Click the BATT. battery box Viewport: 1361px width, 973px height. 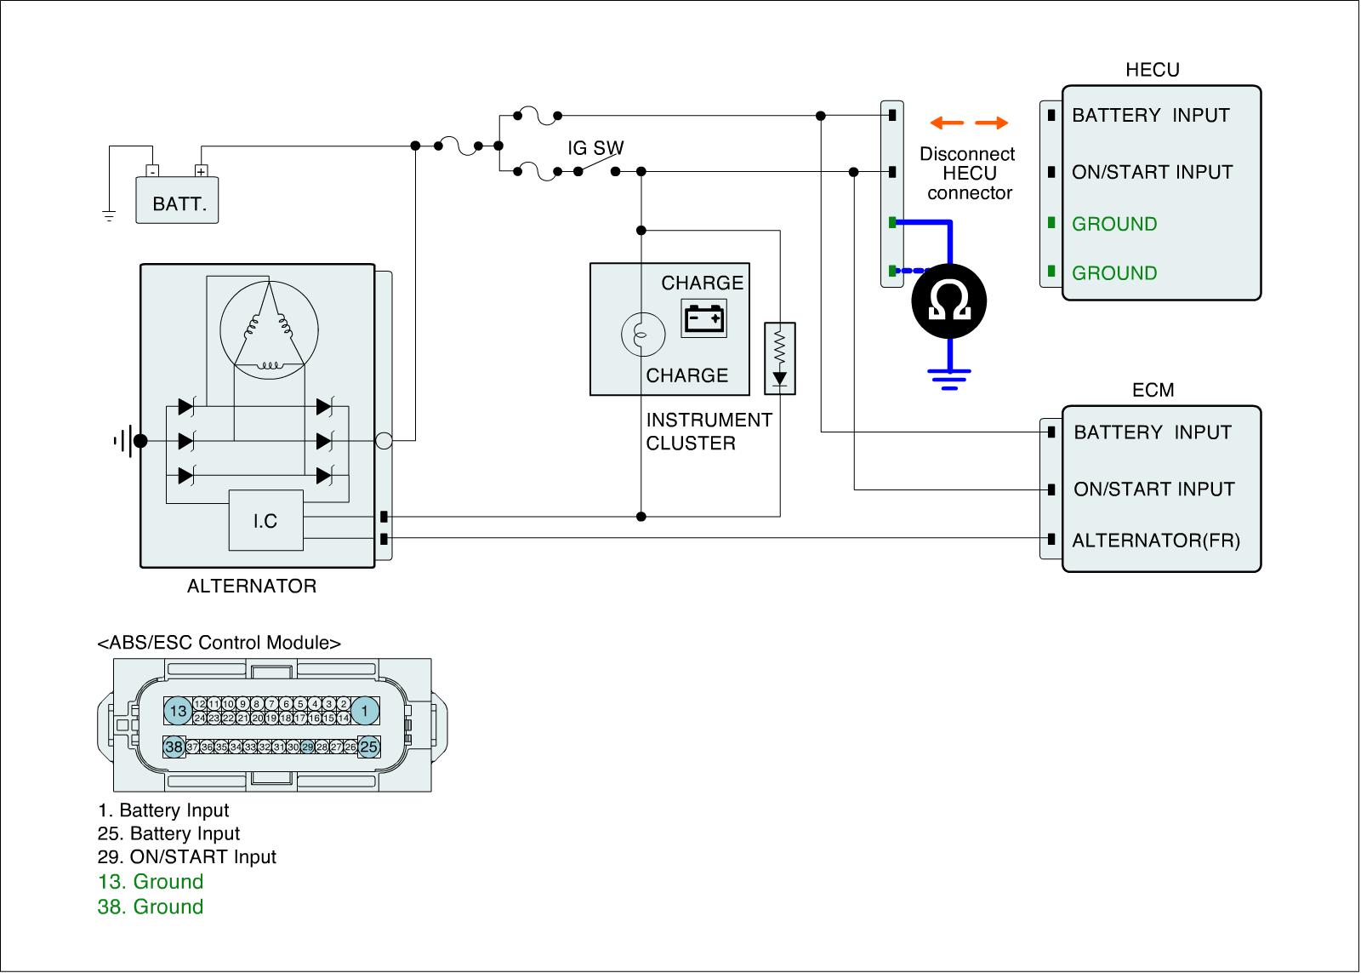(178, 200)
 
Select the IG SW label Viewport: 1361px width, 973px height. (595, 148)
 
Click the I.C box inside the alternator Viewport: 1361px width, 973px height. (265, 520)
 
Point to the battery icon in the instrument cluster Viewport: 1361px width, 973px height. (703, 319)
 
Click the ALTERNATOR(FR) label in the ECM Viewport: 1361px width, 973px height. (1156, 541)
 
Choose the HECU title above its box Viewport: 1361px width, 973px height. (1153, 70)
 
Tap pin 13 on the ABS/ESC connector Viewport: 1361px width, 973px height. (178, 711)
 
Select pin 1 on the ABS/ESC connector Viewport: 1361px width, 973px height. (365, 711)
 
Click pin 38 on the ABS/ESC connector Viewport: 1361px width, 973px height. (174, 747)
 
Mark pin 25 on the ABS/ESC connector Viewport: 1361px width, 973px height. (368, 747)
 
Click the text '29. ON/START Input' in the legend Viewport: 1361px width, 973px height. (187, 857)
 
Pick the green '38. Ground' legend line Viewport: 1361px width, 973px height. (151, 907)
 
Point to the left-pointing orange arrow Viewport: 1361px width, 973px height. (947, 123)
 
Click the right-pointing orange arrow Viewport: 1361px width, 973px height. (991, 123)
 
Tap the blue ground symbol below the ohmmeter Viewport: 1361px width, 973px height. (950, 376)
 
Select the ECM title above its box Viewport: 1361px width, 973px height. (1153, 390)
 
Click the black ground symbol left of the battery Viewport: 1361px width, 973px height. (109, 215)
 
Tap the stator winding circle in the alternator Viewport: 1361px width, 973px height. (269, 328)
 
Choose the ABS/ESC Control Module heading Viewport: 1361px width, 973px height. (219, 643)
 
